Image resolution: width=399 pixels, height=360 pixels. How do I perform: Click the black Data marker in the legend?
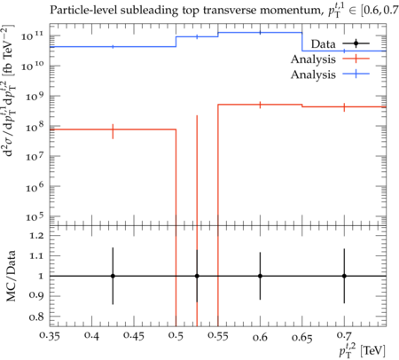pos(356,43)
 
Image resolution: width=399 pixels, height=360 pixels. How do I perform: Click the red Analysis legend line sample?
pos(356,59)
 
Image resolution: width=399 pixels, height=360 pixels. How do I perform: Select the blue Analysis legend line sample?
pos(356,74)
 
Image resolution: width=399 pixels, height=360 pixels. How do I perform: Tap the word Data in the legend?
pos(323,44)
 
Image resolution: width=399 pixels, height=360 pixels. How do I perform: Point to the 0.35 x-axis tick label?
pos(50,336)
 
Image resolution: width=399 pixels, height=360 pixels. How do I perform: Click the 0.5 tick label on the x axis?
pos(176,336)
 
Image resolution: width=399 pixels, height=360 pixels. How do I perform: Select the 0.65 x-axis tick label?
pos(302,337)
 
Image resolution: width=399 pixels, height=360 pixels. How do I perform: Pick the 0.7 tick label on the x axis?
pos(344,336)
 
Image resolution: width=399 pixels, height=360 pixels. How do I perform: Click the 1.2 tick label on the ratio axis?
pos(36,235)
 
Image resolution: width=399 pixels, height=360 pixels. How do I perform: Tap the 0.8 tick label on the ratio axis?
pos(36,317)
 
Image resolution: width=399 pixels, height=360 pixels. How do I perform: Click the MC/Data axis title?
pos(11,276)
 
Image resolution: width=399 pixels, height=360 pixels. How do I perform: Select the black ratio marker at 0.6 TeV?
pos(260,276)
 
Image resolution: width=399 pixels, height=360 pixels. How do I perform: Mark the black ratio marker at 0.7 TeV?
pos(344,276)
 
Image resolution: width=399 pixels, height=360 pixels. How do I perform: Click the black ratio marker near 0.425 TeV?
pos(113,276)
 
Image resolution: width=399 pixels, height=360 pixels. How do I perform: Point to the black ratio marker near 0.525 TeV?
pos(197,276)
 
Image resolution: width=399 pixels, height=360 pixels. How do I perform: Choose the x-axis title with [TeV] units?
pos(363,350)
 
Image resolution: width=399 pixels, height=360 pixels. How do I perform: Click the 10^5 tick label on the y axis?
pos(35,217)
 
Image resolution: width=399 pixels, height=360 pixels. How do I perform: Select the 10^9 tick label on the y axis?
pos(35,97)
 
